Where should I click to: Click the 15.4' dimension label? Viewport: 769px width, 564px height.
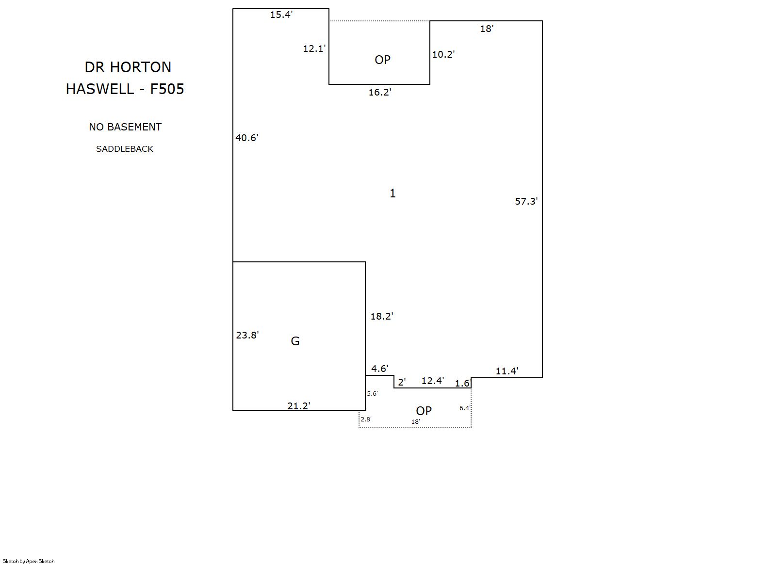(281, 15)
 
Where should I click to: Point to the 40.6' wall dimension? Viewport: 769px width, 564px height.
(246, 138)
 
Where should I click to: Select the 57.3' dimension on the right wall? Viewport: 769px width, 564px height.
(526, 201)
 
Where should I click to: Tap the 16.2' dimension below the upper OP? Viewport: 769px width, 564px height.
(380, 92)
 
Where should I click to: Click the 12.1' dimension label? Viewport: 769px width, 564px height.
(314, 48)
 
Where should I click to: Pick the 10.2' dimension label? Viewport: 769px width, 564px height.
(443, 54)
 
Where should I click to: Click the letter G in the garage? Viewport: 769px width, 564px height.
(295, 341)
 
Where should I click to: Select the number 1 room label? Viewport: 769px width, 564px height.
(393, 193)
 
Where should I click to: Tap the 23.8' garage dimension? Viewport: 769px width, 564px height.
(247, 335)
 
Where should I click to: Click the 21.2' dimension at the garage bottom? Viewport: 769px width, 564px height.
(299, 406)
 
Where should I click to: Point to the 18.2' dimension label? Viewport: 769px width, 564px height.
(381, 316)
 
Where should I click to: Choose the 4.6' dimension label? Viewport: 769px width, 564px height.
(380, 369)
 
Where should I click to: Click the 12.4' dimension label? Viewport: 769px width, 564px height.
(433, 381)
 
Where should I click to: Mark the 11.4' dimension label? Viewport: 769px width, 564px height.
(507, 371)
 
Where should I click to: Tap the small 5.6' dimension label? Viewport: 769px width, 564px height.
(372, 394)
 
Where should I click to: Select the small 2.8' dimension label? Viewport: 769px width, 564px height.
(366, 419)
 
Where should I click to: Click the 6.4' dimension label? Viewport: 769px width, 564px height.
(465, 408)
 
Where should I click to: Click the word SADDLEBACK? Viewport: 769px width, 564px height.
(125, 149)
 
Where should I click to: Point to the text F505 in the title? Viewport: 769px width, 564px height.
(167, 89)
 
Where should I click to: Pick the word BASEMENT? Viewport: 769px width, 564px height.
(134, 127)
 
